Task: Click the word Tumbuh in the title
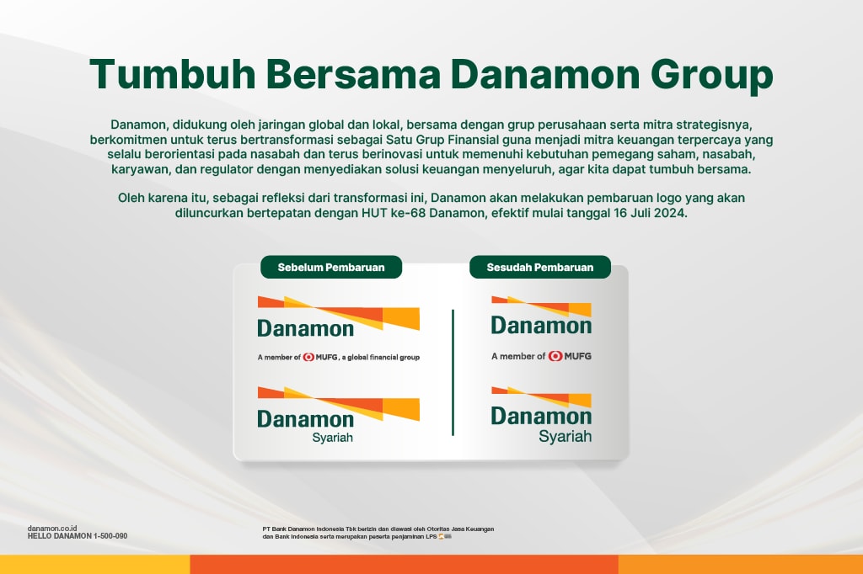click(172, 74)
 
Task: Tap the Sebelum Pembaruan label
click(331, 267)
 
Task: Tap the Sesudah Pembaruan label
click(540, 267)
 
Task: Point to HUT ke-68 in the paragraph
click(394, 213)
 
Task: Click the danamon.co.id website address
click(52, 529)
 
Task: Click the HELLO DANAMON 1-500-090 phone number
click(78, 536)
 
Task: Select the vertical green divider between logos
click(453, 373)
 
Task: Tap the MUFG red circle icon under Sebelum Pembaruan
click(308, 357)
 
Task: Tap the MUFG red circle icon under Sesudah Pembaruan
click(555, 356)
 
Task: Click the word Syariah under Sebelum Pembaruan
click(332, 438)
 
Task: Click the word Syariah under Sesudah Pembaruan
click(566, 437)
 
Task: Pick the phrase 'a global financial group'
click(380, 358)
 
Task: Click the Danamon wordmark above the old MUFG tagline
click(305, 328)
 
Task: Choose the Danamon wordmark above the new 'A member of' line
click(542, 326)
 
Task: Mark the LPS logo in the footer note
click(445, 537)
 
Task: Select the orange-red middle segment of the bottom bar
click(404, 564)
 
